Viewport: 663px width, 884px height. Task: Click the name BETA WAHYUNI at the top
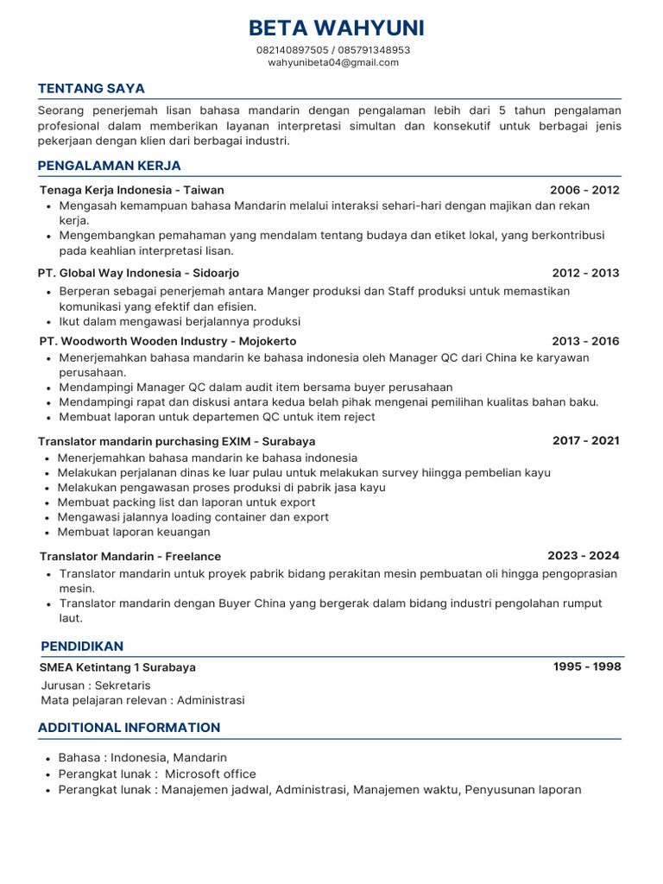tap(336, 28)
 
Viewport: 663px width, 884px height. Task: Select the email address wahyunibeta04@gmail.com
tap(333, 62)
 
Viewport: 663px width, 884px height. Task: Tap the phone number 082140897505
tap(293, 50)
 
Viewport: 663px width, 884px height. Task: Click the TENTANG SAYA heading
tap(91, 88)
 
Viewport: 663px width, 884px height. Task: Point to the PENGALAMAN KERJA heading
tap(109, 166)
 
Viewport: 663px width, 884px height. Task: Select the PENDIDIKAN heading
tap(82, 646)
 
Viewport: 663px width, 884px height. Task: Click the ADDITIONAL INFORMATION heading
tap(129, 727)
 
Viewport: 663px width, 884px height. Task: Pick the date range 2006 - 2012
tap(584, 190)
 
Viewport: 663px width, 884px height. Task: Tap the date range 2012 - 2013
tap(585, 273)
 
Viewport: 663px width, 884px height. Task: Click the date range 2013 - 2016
tap(585, 341)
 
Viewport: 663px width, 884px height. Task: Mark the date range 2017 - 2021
tap(585, 440)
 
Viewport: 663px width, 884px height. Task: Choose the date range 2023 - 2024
tap(583, 555)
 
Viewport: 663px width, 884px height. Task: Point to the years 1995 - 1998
tap(586, 666)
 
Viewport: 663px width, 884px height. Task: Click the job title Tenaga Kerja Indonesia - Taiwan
tap(131, 190)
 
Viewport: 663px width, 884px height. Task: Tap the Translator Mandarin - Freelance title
tap(130, 556)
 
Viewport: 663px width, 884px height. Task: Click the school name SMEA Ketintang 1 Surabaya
tap(117, 667)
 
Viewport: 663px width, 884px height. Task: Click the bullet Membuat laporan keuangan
tap(134, 532)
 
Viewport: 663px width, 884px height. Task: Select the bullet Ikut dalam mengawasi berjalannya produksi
tap(180, 321)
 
